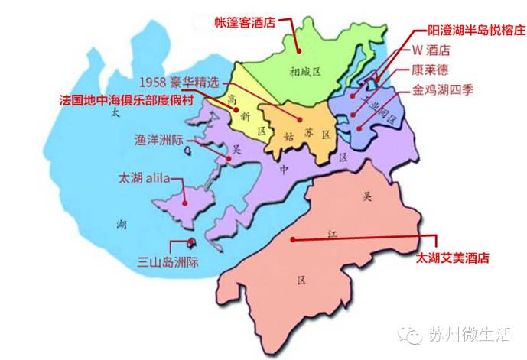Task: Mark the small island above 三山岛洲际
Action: [x=191, y=243]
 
